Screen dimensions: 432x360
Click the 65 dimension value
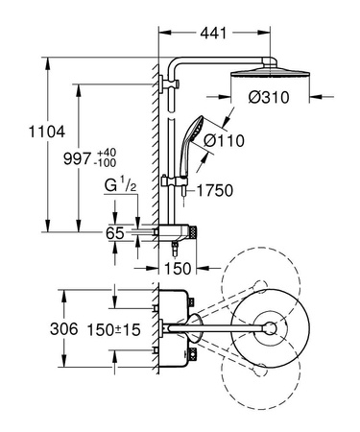coord(88,233)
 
